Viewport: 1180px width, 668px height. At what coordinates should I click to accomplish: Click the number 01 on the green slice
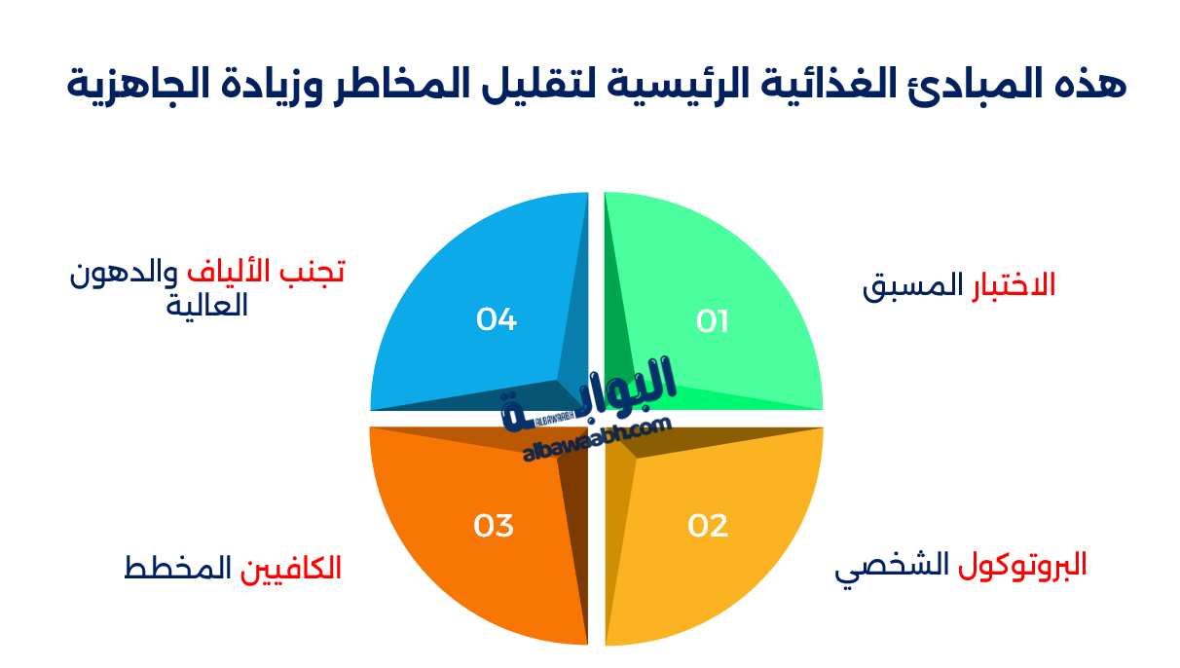[712, 321]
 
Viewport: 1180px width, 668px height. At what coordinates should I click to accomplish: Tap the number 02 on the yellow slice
[708, 526]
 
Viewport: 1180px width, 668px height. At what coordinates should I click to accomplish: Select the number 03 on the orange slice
[494, 526]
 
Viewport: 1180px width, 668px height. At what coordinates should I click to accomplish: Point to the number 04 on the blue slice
[497, 319]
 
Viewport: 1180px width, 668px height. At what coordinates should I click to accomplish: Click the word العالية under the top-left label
[207, 306]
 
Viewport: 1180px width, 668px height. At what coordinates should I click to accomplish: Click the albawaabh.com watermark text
[597, 440]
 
